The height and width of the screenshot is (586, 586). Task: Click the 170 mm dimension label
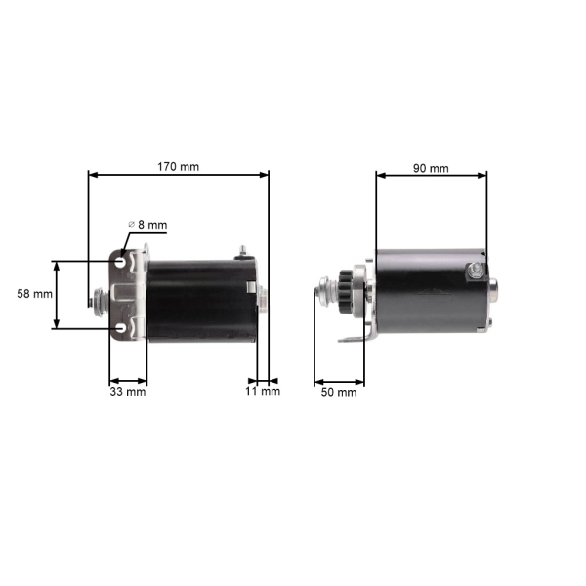[x=179, y=167]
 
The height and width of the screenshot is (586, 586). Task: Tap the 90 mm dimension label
[x=431, y=169]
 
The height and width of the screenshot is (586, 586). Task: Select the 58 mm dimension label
[x=35, y=294]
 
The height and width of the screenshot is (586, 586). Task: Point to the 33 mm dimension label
[x=128, y=392]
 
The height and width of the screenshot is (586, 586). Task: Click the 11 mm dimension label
[x=263, y=392]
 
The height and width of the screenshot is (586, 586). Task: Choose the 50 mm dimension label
[x=339, y=392]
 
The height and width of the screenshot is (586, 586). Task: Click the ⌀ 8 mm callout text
[x=147, y=225]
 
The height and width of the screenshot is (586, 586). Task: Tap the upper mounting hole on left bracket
[x=120, y=262]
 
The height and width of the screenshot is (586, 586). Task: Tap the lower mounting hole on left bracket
[x=120, y=328]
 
